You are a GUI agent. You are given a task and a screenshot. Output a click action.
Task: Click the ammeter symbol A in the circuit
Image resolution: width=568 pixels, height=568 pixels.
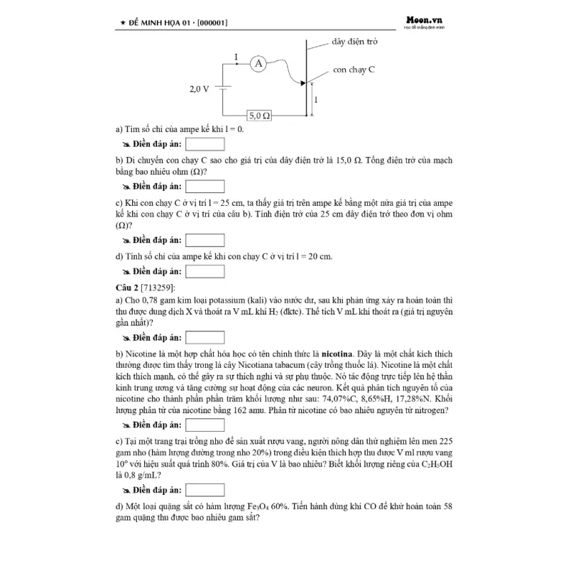[x=258, y=64]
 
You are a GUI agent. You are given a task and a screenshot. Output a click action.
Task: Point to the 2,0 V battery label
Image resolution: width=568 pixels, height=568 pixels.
[x=200, y=89]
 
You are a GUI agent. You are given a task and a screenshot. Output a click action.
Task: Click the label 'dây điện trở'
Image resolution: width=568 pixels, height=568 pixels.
[x=354, y=42]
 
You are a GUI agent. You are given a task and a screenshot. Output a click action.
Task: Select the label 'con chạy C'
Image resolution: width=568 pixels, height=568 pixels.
[x=354, y=70]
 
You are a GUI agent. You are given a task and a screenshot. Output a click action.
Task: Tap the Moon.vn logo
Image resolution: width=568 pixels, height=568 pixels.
[x=424, y=22]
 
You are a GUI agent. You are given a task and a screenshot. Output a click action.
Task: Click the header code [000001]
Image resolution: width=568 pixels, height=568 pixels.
[x=204, y=23]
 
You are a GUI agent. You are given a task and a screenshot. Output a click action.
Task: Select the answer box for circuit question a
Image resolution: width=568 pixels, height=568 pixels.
[x=204, y=145]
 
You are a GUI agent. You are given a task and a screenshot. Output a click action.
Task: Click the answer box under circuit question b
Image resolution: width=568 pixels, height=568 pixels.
[x=204, y=187]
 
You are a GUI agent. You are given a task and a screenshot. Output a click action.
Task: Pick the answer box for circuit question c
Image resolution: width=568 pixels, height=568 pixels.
[x=204, y=240]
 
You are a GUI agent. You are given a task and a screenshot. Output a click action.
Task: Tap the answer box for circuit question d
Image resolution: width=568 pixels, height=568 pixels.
[x=204, y=271]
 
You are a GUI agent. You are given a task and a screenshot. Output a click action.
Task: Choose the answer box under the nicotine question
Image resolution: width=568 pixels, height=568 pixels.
[x=204, y=425]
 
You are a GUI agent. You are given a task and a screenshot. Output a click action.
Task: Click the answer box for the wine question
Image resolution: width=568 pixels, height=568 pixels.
[x=204, y=490]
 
